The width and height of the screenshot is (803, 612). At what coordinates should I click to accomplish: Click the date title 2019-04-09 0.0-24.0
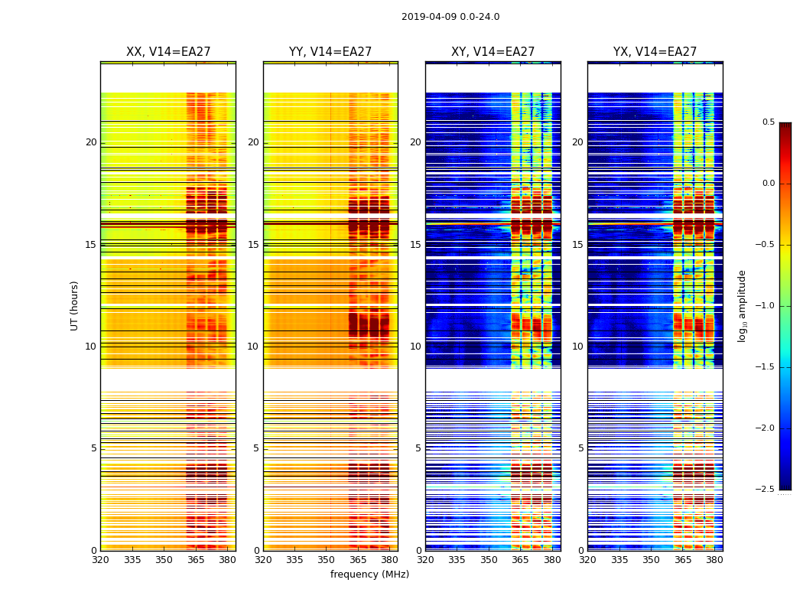(x=450, y=17)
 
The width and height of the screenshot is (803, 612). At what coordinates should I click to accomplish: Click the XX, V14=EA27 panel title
(x=168, y=52)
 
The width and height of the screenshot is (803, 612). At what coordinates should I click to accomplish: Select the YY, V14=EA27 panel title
(x=330, y=52)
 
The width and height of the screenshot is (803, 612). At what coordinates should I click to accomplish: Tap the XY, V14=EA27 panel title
(x=493, y=52)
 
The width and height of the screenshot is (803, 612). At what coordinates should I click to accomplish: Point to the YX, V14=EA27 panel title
(x=655, y=52)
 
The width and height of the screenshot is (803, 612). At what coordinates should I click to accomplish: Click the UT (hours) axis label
(x=75, y=305)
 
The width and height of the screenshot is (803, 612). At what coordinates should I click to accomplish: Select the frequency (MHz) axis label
(x=369, y=575)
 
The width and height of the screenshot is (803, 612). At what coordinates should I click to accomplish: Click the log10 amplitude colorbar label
(x=742, y=305)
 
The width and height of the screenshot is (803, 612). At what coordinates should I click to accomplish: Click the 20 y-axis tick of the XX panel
(x=91, y=142)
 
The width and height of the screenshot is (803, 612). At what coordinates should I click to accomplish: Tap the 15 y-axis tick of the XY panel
(x=416, y=245)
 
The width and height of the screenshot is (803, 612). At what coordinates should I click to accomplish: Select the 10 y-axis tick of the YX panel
(x=578, y=347)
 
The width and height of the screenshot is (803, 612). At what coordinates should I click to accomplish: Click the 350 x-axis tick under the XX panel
(x=164, y=560)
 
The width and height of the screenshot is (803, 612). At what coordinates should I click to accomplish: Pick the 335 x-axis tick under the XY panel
(x=457, y=560)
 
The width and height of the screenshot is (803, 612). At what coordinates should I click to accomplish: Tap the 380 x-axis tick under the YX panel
(x=714, y=560)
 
